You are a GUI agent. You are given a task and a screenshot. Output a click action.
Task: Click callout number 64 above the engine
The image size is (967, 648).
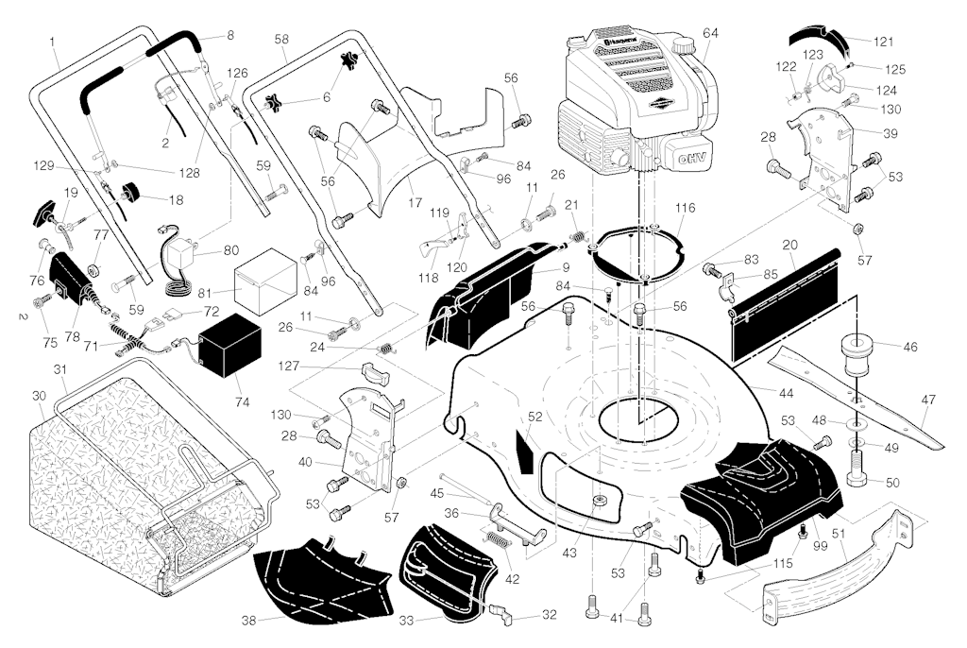pos(710,33)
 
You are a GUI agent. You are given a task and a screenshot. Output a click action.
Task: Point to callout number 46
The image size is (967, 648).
pos(910,348)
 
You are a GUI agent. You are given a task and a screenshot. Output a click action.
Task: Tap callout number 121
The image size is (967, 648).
pos(883,42)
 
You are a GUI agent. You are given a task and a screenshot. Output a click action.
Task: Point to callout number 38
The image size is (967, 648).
pos(249,622)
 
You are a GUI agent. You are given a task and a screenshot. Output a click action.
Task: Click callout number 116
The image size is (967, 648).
pos(685,207)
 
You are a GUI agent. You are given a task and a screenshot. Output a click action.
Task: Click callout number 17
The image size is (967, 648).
pos(413,202)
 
